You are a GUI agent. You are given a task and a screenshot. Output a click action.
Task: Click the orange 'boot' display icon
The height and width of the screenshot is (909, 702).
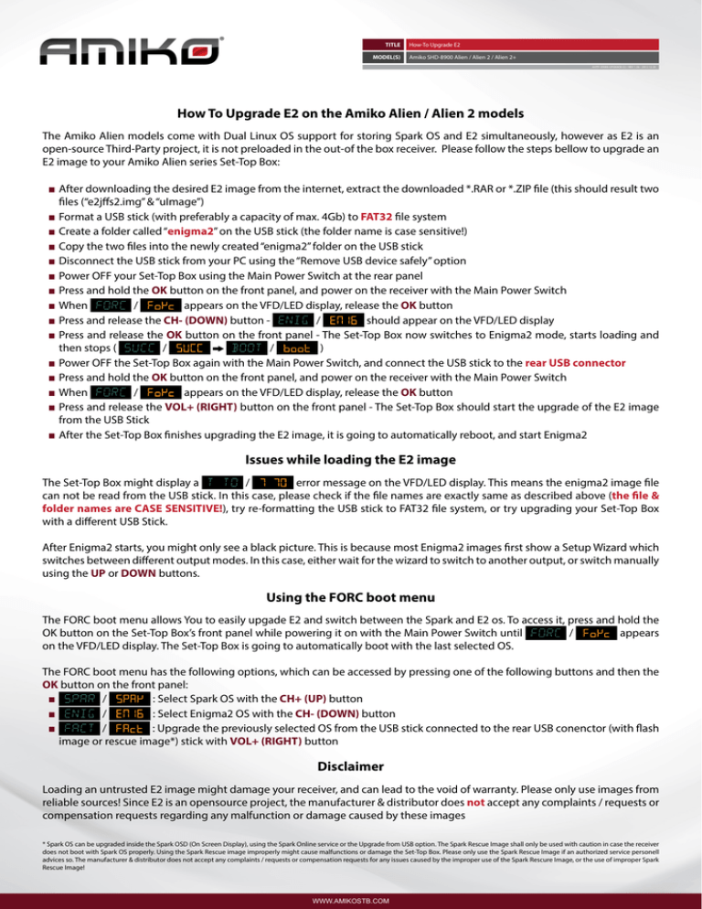(301, 348)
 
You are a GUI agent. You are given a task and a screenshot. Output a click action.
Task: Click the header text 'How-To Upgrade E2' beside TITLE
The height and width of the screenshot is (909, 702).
(433, 43)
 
